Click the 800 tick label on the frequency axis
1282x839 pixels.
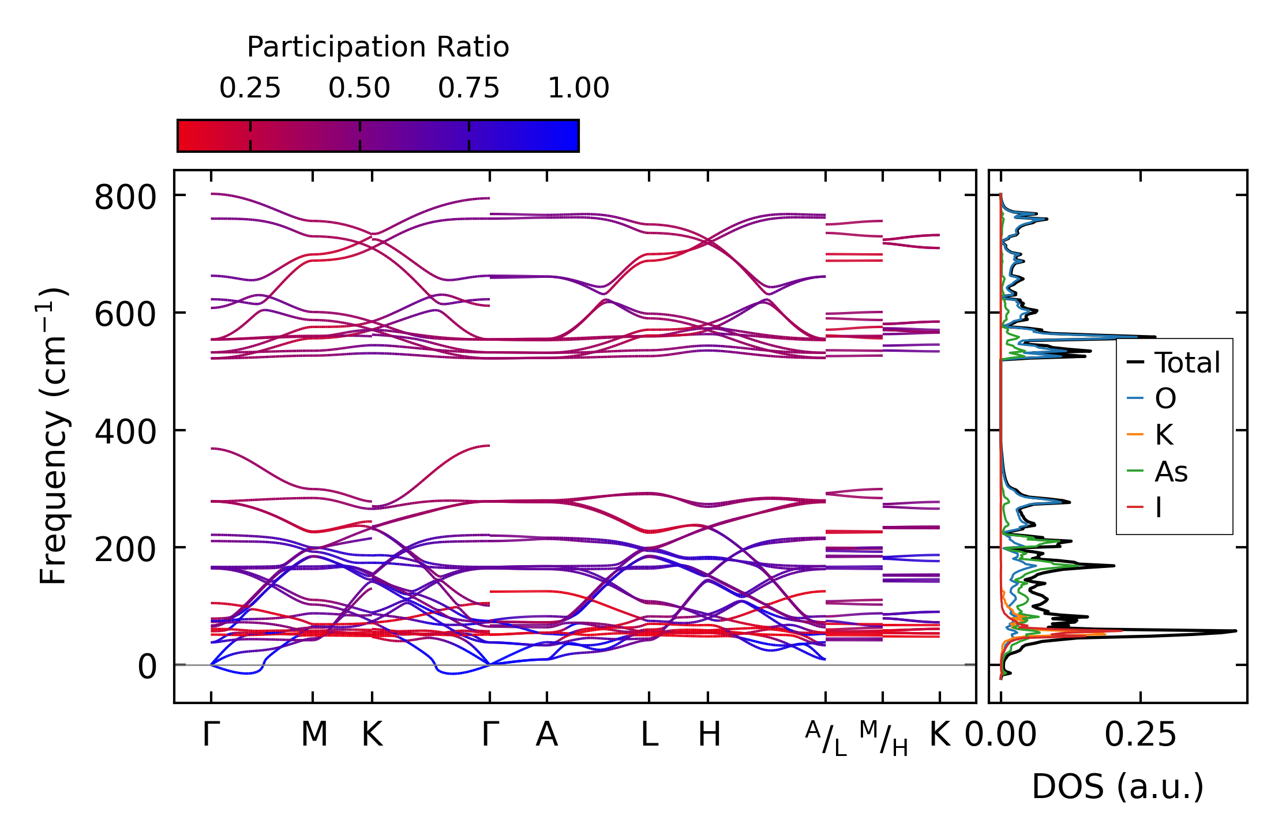click(x=125, y=197)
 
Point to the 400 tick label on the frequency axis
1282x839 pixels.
click(x=125, y=432)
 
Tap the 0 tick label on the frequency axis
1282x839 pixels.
click(x=147, y=667)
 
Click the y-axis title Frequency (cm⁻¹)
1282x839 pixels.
click(x=53, y=435)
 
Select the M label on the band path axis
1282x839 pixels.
click(x=314, y=735)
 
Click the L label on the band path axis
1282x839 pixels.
click(x=650, y=735)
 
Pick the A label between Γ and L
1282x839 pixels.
click(x=546, y=735)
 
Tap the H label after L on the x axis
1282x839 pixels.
click(x=709, y=735)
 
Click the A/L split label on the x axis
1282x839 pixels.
click(x=826, y=738)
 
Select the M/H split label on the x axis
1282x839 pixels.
click(x=883, y=738)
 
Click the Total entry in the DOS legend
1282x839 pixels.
click(x=1187, y=363)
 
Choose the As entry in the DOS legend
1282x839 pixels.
click(x=1171, y=472)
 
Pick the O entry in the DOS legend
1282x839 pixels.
click(x=1165, y=398)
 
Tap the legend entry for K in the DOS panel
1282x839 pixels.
click(x=1164, y=435)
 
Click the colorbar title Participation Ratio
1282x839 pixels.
click(x=378, y=47)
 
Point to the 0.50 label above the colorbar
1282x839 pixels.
click(x=359, y=88)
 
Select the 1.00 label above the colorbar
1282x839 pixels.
click(x=578, y=88)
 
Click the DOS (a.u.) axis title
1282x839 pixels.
click(x=1118, y=787)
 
